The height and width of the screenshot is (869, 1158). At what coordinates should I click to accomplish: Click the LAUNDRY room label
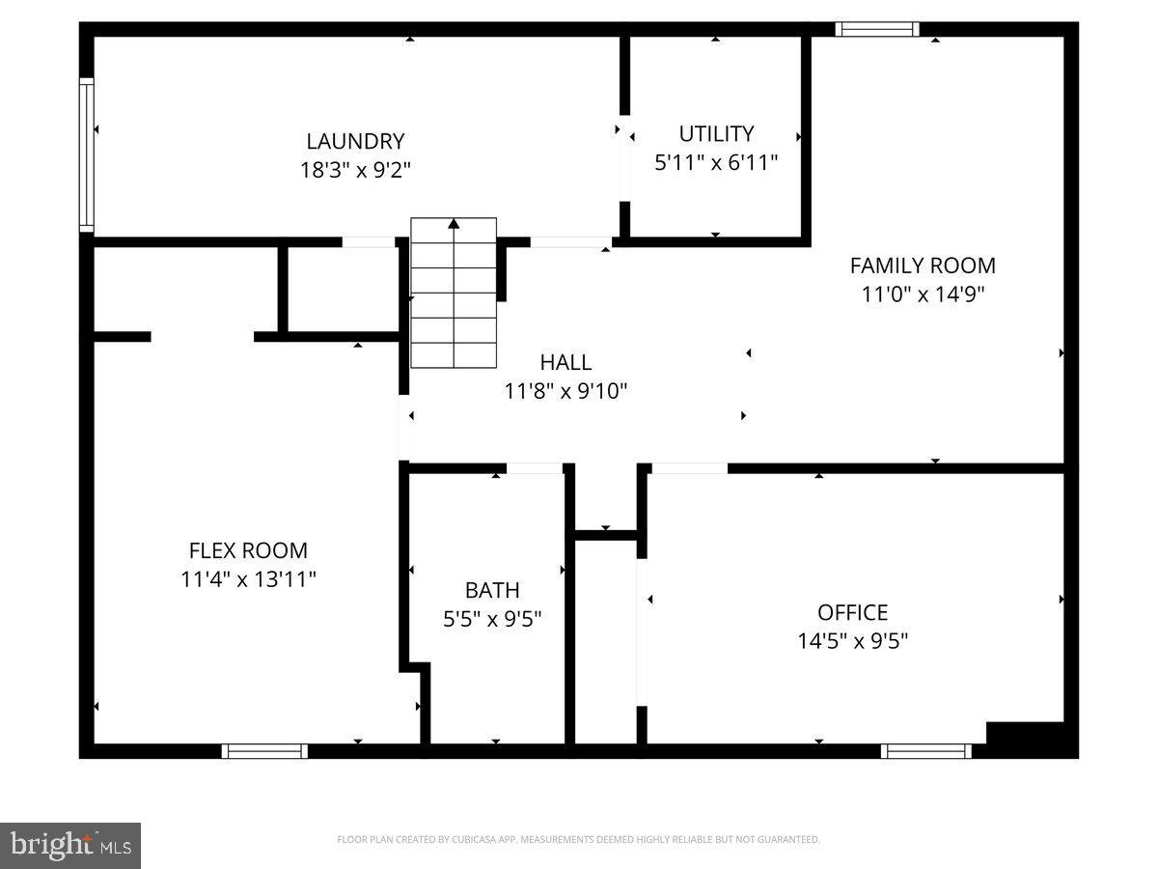click(355, 141)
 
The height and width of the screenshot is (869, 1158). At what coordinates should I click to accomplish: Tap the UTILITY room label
click(716, 133)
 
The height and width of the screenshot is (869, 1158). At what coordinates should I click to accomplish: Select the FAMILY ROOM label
click(923, 265)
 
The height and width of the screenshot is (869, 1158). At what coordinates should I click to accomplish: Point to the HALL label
click(565, 362)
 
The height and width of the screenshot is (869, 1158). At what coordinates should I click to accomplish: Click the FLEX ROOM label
click(248, 550)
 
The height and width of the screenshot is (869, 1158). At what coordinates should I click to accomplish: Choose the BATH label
click(492, 590)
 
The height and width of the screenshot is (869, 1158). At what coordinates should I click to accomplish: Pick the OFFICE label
click(852, 612)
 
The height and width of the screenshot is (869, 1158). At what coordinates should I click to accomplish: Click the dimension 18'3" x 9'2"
click(355, 171)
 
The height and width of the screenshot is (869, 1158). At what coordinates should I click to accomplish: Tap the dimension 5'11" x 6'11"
click(716, 163)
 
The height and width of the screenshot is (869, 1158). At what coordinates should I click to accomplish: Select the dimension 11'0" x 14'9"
click(923, 294)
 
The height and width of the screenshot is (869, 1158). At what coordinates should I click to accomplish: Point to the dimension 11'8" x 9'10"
click(565, 391)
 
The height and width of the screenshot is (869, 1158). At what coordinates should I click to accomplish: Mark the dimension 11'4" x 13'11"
click(248, 579)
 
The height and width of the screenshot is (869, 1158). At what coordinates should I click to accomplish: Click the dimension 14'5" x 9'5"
click(852, 640)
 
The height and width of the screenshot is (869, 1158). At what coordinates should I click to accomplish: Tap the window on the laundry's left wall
click(87, 154)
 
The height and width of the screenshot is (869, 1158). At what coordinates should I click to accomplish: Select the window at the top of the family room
click(876, 29)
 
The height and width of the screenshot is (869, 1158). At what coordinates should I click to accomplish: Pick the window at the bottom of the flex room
click(264, 750)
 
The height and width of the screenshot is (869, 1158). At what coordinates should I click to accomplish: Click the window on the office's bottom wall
click(926, 750)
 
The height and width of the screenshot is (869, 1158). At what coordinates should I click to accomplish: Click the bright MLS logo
click(70, 846)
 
